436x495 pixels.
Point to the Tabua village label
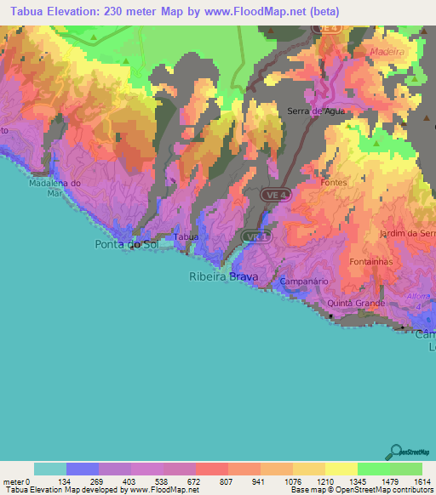(186, 237)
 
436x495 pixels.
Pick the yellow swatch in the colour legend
(341, 469)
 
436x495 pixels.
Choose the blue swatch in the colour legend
(83, 469)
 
